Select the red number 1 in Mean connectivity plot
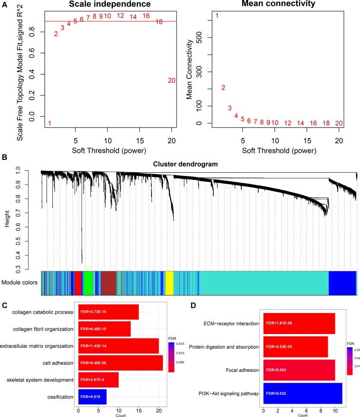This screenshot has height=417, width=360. click(x=217, y=16)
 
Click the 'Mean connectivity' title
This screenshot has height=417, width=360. click(x=278, y=4)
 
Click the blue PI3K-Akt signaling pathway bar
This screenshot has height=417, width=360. click(x=302, y=393)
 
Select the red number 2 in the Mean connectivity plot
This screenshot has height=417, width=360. click(x=223, y=87)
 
